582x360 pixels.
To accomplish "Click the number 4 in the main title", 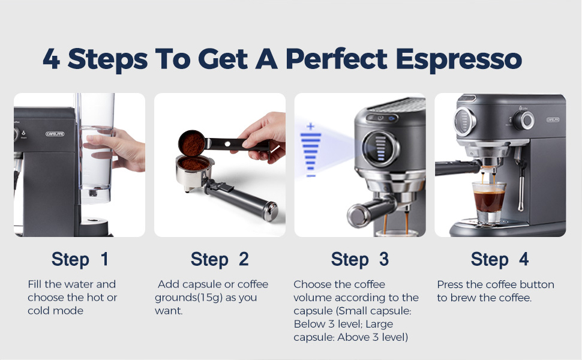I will [x=52, y=59].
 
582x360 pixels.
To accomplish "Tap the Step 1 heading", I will [x=80, y=259].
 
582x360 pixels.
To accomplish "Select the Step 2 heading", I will [x=220, y=259].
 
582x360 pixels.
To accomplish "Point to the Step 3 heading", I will [x=360, y=259].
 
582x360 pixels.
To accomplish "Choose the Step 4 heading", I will [x=500, y=259].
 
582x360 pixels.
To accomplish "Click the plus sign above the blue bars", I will [x=310, y=127].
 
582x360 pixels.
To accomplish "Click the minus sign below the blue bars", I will [x=311, y=175].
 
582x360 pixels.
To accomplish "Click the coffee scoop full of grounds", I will [x=191, y=142].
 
